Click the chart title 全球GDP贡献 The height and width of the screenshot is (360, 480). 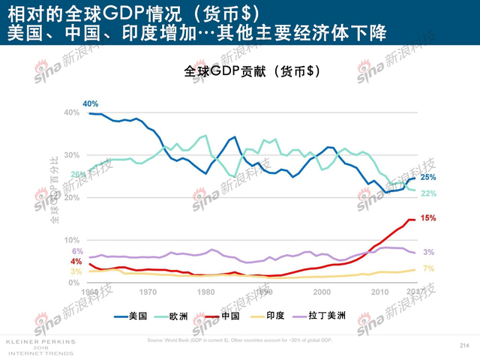[253, 71]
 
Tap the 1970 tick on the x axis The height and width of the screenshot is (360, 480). [148, 292]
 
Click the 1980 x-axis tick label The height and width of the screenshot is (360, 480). [205, 292]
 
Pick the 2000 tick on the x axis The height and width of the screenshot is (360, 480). [322, 292]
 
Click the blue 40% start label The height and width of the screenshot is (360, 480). [91, 103]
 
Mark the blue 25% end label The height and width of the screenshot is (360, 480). [428, 178]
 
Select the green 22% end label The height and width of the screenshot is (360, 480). [428, 193]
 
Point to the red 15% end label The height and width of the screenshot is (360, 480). [428, 218]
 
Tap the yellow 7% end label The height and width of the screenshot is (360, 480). [428, 268]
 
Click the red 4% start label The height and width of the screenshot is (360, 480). [76, 261]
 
